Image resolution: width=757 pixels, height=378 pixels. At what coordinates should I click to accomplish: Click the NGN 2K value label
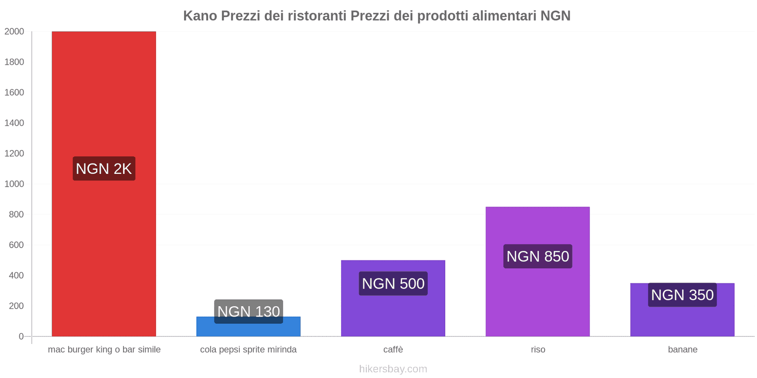104,169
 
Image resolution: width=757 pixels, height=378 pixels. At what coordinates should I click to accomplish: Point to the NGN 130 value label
248,311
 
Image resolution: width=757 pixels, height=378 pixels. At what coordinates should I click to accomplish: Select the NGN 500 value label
393,283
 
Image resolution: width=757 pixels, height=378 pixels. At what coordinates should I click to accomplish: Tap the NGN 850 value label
537,256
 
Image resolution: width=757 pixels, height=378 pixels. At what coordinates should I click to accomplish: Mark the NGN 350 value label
682,295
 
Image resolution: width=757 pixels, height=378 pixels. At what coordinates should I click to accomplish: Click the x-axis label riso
538,350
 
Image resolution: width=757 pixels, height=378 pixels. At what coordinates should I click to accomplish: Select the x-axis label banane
682,350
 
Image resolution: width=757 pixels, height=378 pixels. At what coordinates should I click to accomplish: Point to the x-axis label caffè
393,350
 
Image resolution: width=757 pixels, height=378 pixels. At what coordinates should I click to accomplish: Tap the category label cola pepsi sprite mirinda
248,350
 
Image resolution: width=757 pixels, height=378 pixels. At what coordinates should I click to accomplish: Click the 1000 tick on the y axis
14,184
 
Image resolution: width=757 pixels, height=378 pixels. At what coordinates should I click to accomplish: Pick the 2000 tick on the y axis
14,32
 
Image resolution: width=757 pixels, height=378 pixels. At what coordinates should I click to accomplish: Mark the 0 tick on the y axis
21,336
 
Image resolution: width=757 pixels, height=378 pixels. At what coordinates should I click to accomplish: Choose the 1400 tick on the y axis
14,123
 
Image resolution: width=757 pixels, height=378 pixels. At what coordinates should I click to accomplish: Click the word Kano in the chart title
200,16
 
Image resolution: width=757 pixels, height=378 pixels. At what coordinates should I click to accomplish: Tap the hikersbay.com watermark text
393,369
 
